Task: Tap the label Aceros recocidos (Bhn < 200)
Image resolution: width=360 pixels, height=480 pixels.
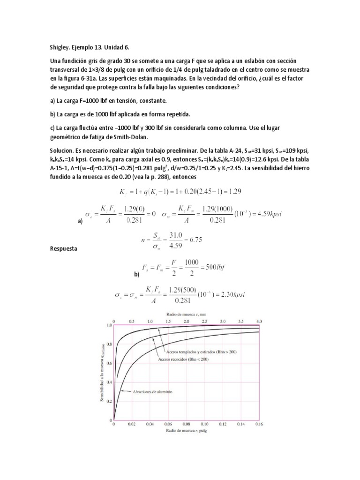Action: coord(186,359)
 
